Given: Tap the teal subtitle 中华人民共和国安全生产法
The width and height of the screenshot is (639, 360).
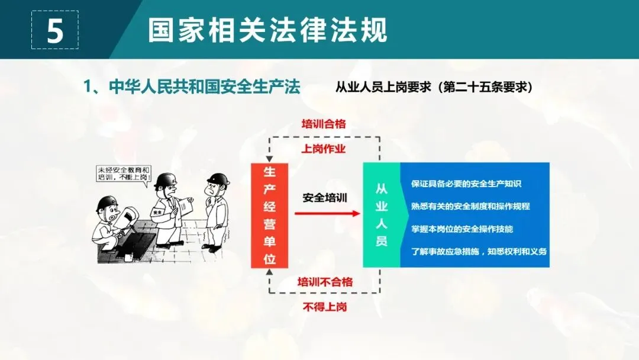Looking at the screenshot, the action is (x=192, y=87).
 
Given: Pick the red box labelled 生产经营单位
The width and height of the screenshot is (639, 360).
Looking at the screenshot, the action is (x=269, y=215).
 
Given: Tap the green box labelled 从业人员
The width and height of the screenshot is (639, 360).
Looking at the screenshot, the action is (x=382, y=215).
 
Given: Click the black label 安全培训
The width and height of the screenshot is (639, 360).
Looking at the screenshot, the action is (x=324, y=198).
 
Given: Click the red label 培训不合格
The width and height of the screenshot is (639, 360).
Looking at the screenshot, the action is (x=325, y=282).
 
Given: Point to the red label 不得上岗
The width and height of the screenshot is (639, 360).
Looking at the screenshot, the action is (x=324, y=307).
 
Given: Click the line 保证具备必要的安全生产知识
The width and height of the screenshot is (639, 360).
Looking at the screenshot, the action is (x=466, y=184).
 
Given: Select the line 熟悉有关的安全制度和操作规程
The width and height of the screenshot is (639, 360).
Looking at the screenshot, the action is (x=470, y=207).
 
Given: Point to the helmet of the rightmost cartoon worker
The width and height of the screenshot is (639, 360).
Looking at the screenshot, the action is (x=218, y=179).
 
